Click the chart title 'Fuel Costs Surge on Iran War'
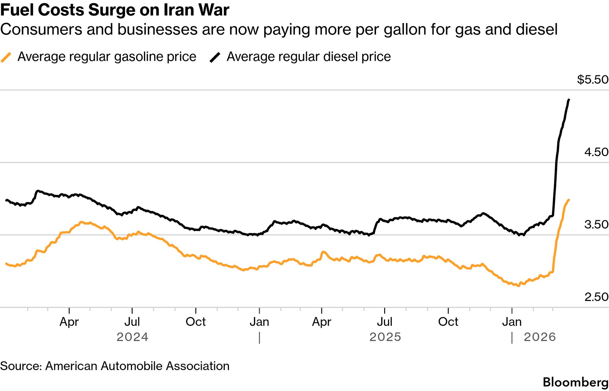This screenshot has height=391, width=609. point(115,10)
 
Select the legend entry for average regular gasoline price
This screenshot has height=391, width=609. point(107,57)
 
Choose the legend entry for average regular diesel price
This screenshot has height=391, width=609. point(308,57)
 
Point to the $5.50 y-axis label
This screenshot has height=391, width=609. point(593,80)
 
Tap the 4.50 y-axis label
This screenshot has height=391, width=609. point(596,152)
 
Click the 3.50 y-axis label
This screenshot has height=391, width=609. point(596,225)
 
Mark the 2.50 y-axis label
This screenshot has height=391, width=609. point(596,297)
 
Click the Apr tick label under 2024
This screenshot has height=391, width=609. point(69,322)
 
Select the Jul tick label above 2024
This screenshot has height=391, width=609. point(132,322)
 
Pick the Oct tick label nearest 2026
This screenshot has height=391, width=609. point(448,322)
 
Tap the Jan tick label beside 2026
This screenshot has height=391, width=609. point(512,322)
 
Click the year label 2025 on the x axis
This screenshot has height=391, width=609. point(385,337)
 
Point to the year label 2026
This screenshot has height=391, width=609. point(540,337)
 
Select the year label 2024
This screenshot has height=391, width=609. point(132,337)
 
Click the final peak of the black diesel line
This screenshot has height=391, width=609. point(569,100)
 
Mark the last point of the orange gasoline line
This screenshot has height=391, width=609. point(569,200)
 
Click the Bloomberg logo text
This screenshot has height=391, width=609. point(575,382)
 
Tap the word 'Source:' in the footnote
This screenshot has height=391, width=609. point(21,366)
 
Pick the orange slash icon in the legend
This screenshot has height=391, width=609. point(6,57)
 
